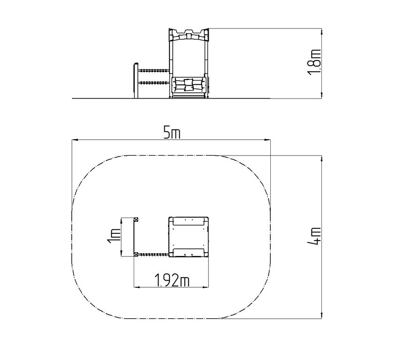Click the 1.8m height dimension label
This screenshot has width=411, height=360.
(x=314, y=62)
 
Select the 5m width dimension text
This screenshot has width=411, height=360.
(x=172, y=133)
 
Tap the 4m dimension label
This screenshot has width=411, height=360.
(x=314, y=236)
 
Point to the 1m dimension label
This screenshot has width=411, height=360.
(x=114, y=236)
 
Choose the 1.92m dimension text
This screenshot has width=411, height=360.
(x=172, y=280)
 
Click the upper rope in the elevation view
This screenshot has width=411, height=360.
(x=153, y=70)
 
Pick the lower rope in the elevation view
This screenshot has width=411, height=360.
(x=153, y=83)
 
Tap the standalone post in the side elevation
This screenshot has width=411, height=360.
(x=136, y=81)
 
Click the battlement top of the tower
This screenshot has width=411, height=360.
(x=189, y=35)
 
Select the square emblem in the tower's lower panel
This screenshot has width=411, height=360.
(x=189, y=84)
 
